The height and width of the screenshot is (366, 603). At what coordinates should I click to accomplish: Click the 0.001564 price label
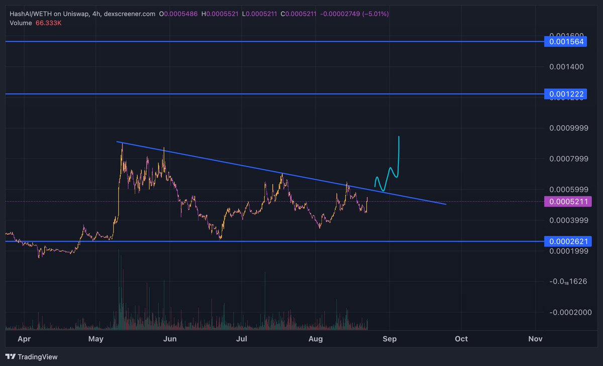(566, 42)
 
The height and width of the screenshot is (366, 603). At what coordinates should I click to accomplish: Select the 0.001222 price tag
(566, 94)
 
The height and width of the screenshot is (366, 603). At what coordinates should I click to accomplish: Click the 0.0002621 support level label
(566, 242)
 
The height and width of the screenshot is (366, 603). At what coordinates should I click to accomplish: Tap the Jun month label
(170, 339)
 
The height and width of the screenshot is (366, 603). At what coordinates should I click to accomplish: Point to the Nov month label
(536, 339)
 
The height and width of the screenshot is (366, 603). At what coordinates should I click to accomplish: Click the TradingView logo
(33, 357)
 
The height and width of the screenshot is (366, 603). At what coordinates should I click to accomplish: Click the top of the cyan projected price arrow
(398, 136)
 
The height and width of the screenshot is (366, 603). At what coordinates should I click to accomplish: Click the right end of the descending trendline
(446, 204)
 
